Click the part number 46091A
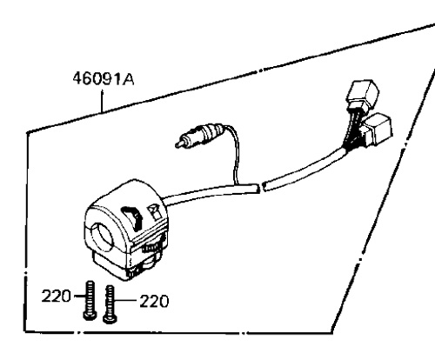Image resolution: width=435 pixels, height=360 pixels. [104, 79]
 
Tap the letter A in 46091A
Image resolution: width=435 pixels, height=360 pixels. [129, 79]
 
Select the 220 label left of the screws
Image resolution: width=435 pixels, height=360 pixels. [56, 297]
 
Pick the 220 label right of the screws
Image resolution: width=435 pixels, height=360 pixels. [154, 301]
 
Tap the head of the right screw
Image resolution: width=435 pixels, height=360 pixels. [110, 318]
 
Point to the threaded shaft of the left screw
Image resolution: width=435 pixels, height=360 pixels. [90, 297]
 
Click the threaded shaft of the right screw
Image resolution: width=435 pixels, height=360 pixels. [110, 300]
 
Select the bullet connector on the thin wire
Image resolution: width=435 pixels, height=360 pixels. [199, 135]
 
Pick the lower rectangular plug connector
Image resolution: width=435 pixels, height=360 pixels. [378, 129]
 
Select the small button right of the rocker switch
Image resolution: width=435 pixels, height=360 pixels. [155, 210]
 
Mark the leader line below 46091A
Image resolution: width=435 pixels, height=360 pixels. [102, 102]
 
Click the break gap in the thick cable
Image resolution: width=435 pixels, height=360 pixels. [261, 187]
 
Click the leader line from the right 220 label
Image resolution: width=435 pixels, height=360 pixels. [125, 301]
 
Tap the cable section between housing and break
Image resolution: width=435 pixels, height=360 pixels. [211, 194]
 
